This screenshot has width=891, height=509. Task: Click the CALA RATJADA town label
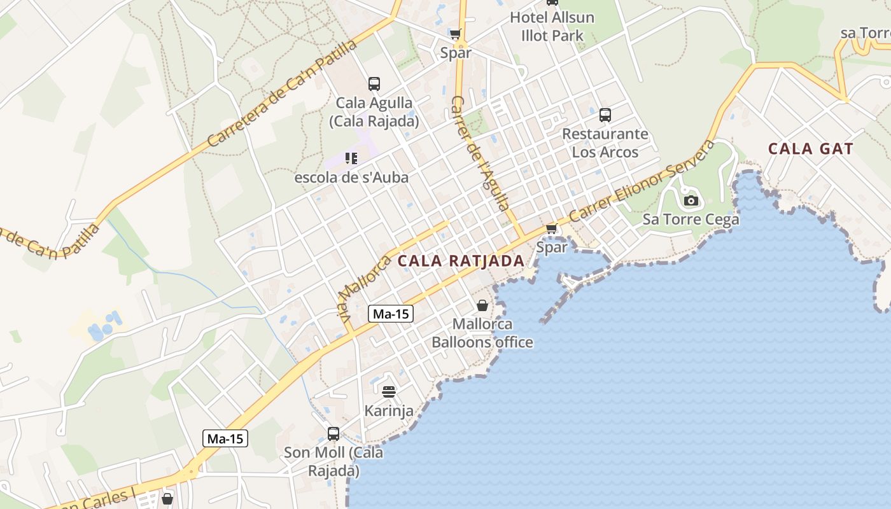(x=461, y=261)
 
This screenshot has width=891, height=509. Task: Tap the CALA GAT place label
(x=810, y=149)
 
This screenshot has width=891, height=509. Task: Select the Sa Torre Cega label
(x=691, y=220)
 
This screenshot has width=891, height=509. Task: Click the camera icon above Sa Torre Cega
(x=691, y=201)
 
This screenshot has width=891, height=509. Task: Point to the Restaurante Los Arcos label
(x=605, y=143)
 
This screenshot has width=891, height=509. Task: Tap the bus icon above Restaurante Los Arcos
(x=605, y=115)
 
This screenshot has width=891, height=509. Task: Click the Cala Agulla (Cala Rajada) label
(x=374, y=112)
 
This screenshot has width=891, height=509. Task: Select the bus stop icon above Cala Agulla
(x=374, y=83)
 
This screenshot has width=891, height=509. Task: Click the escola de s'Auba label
(x=351, y=178)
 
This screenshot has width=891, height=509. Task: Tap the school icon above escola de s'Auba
(x=351, y=158)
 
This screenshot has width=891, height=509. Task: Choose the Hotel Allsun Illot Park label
(x=552, y=27)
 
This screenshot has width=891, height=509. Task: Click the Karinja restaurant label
(x=389, y=411)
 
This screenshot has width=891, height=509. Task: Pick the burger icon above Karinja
(x=389, y=391)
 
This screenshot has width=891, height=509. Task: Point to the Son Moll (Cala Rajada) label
(x=333, y=462)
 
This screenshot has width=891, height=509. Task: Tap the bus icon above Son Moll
(x=333, y=434)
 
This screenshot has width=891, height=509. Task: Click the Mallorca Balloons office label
(x=482, y=333)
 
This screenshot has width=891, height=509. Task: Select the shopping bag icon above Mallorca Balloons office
(x=482, y=306)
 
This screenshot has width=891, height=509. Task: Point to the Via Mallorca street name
(x=363, y=289)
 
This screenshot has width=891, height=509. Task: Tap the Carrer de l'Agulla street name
(x=481, y=153)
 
